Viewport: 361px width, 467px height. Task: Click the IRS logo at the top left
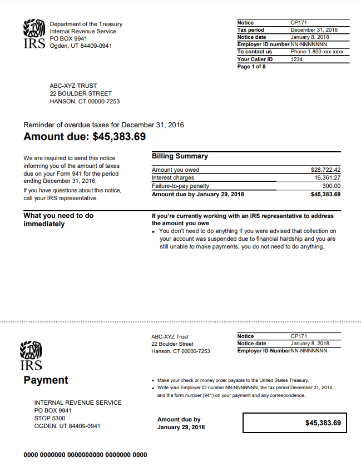click(34, 34)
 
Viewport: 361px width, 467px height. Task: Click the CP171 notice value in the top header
click(299, 23)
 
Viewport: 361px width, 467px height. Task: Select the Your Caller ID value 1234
click(297, 59)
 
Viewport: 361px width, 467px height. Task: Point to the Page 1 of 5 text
click(251, 67)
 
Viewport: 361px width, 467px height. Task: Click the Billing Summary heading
click(180, 156)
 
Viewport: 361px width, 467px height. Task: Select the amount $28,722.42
click(325, 170)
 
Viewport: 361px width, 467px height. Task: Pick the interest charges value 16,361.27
click(327, 178)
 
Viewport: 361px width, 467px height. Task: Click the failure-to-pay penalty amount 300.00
click(332, 186)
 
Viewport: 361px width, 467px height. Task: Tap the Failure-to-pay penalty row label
click(180, 186)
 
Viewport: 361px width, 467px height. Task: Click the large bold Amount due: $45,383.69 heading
click(85, 137)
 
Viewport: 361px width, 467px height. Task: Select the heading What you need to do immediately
click(58, 220)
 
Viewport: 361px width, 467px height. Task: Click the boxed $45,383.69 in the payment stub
click(323, 423)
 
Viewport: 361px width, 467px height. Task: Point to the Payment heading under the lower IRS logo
click(46, 380)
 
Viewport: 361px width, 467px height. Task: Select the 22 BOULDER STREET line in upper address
click(81, 94)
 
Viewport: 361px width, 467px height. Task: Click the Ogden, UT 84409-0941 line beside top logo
click(81, 46)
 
